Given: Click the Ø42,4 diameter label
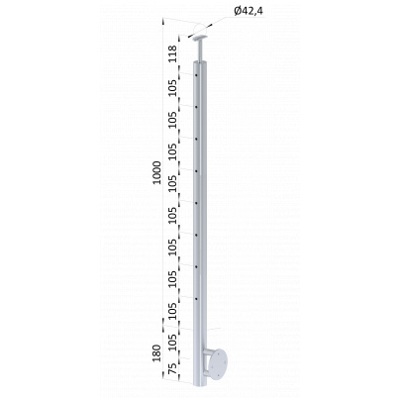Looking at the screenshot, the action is tap(249, 12).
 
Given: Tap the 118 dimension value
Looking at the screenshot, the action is tap(172, 54).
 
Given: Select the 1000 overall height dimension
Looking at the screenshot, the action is tap(157, 172).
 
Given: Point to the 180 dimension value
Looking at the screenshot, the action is tap(157, 352).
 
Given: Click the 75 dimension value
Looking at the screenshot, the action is tap(172, 369).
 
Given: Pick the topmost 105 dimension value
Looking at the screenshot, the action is tap(172, 87).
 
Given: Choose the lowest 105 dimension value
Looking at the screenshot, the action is tap(172, 343).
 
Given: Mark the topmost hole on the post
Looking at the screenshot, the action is tap(196, 75).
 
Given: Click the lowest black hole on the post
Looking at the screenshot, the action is tap(196, 299).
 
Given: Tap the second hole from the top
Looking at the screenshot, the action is tap(196, 107).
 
